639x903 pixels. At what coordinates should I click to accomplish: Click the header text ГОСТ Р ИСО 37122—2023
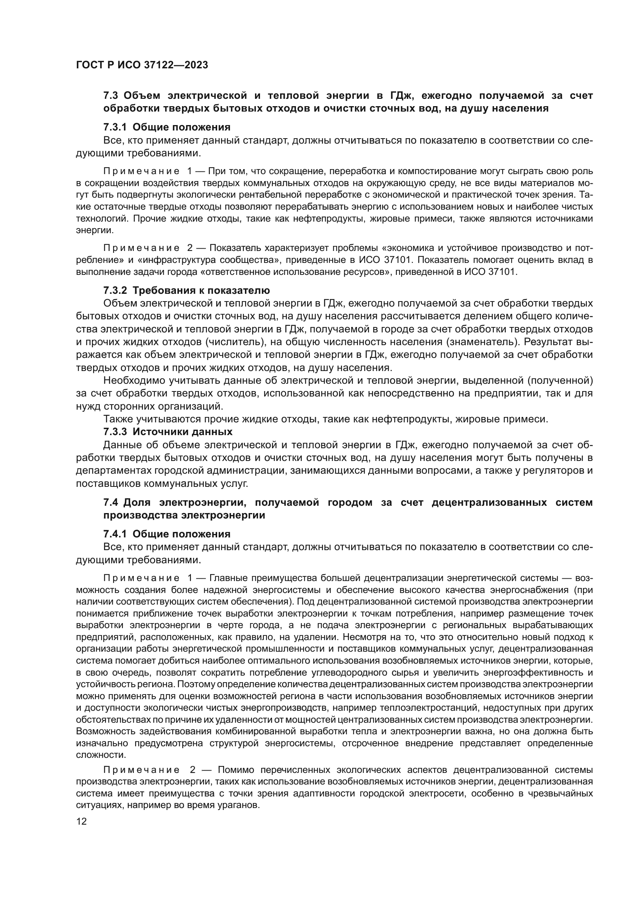pos(142,65)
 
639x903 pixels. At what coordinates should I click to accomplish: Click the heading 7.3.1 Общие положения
pos(167,127)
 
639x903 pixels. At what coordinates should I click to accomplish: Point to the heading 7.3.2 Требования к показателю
pos(187,291)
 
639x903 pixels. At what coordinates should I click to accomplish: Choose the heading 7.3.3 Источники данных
pos(168,432)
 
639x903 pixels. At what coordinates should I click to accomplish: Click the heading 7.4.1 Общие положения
pos(167,534)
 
